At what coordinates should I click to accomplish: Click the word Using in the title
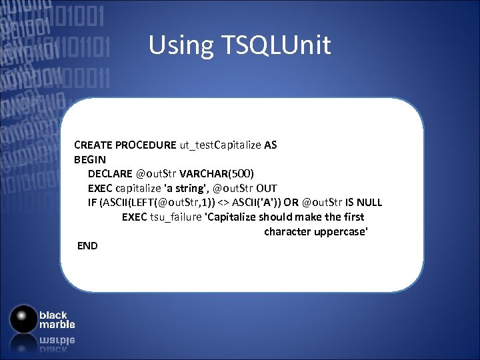pos(178,45)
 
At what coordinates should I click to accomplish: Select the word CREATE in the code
pos(93,145)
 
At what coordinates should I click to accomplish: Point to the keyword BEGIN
pos(85,159)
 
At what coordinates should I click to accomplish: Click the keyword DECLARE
pos(110,174)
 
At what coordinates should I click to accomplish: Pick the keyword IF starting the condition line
pos(92,203)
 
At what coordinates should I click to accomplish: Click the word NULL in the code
pos(369,203)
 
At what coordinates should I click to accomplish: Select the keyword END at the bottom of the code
pos(87,246)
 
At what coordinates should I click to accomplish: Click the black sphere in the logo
pos(24,319)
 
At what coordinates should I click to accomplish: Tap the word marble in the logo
pos(57,325)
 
